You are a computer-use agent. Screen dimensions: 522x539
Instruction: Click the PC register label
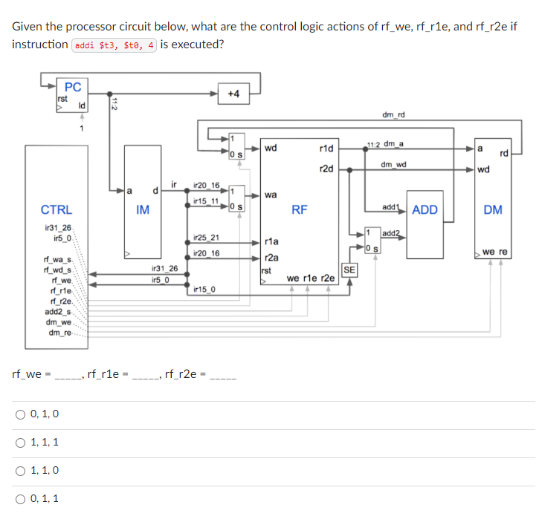click(73, 85)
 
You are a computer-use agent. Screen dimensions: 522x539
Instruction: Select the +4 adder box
click(233, 94)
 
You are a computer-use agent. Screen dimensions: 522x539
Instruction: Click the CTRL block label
click(57, 210)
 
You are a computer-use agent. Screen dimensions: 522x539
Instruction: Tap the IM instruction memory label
click(143, 210)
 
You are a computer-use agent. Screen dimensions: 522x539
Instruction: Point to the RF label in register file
click(299, 210)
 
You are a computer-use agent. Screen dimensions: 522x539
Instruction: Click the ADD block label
click(425, 210)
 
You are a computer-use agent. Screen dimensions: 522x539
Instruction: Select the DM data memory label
click(492, 210)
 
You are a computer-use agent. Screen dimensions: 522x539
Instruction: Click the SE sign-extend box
click(348, 269)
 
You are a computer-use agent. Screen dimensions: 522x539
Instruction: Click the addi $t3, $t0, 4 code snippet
click(114, 45)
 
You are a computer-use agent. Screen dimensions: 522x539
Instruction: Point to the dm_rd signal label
click(393, 114)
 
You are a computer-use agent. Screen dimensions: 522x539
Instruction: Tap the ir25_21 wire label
click(206, 238)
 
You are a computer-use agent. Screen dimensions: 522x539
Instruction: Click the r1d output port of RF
click(325, 149)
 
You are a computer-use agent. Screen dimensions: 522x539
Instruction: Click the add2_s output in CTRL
click(58, 312)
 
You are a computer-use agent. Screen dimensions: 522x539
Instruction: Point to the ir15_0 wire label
click(203, 287)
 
